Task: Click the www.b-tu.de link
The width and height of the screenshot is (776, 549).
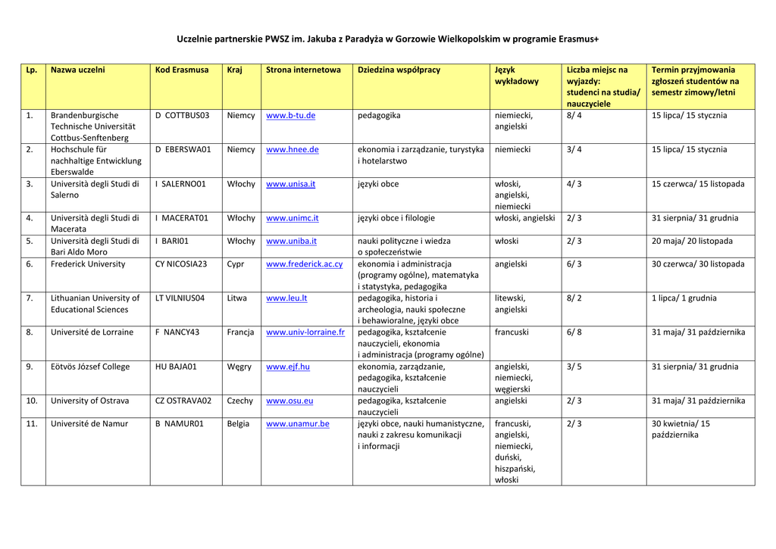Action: pyautogui.click(x=290, y=116)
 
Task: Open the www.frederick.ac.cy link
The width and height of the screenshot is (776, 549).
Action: pyautogui.click(x=304, y=264)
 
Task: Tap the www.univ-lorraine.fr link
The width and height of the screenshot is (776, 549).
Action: pyautogui.click(x=305, y=332)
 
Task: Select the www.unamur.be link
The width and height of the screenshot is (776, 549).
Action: pyautogui.click(x=297, y=424)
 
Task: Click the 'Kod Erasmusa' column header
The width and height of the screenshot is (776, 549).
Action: pyautogui.click(x=181, y=70)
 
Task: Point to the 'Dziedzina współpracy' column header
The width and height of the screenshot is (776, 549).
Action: pyautogui.click(x=399, y=70)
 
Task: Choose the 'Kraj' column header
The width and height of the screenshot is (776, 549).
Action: pyautogui.click(x=234, y=70)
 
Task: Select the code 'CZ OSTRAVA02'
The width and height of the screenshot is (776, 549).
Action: pyautogui.click(x=183, y=401)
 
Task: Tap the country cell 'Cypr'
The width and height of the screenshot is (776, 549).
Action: pyautogui.click(x=236, y=264)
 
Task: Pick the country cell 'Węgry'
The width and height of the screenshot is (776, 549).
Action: pyautogui.click(x=239, y=367)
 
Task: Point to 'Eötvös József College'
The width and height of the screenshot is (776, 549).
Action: pyautogui.click(x=89, y=367)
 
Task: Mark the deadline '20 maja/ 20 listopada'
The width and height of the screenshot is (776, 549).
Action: pyautogui.click(x=692, y=242)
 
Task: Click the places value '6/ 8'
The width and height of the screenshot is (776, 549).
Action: pyautogui.click(x=574, y=332)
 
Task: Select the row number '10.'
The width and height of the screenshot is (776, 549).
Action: pyautogui.click(x=32, y=401)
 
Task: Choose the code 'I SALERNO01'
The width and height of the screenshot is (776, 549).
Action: pyautogui.click(x=180, y=184)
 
